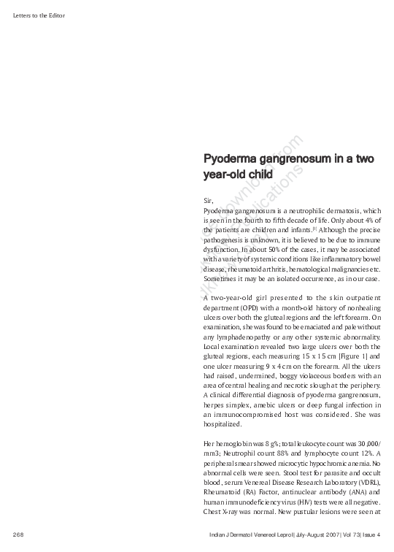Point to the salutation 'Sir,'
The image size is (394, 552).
tap(209, 199)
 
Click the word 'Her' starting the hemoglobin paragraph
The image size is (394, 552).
tap(210, 444)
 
